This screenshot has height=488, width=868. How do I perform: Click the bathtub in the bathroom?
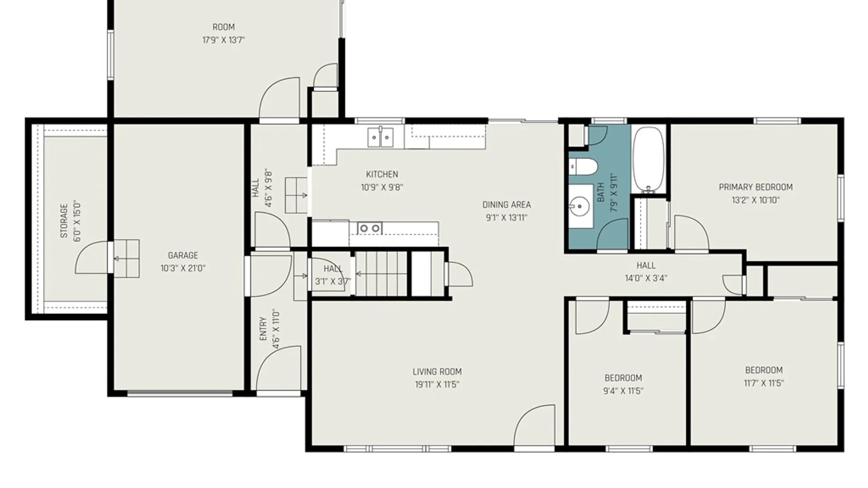pos(648,160)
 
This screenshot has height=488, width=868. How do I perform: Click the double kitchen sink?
pos(380,137)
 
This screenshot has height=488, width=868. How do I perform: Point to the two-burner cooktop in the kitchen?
pos(369,228)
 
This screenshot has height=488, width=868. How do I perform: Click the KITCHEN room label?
pos(382,174)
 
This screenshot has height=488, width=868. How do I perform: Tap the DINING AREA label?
pos(506,205)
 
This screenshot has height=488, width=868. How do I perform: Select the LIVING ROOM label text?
pos(437,372)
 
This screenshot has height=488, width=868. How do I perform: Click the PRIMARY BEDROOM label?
pos(755,187)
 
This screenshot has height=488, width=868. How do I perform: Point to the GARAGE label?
pos(183,255)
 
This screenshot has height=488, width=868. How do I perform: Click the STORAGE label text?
pos(64,221)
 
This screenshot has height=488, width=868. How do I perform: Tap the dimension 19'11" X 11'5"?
pos(437,385)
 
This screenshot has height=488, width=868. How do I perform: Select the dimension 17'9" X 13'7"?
pos(223,40)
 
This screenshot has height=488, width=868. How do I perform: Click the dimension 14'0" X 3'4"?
pos(646,278)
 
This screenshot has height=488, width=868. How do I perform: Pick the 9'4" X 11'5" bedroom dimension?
pos(623,391)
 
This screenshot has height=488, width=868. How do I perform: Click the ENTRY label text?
pos(263,329)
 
